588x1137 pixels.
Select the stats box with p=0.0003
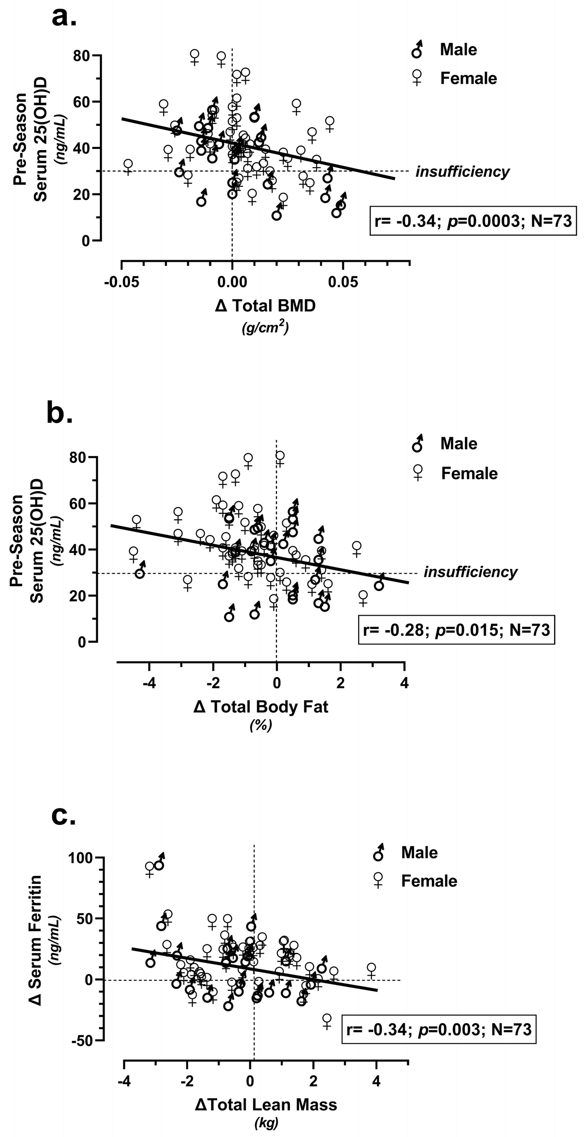[x=473, y=220]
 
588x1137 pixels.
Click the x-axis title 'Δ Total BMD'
[x=265, y=306]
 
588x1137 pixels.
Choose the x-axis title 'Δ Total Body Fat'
[x=261, y=707]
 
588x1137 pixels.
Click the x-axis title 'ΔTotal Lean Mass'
[x=266, y=1104]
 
